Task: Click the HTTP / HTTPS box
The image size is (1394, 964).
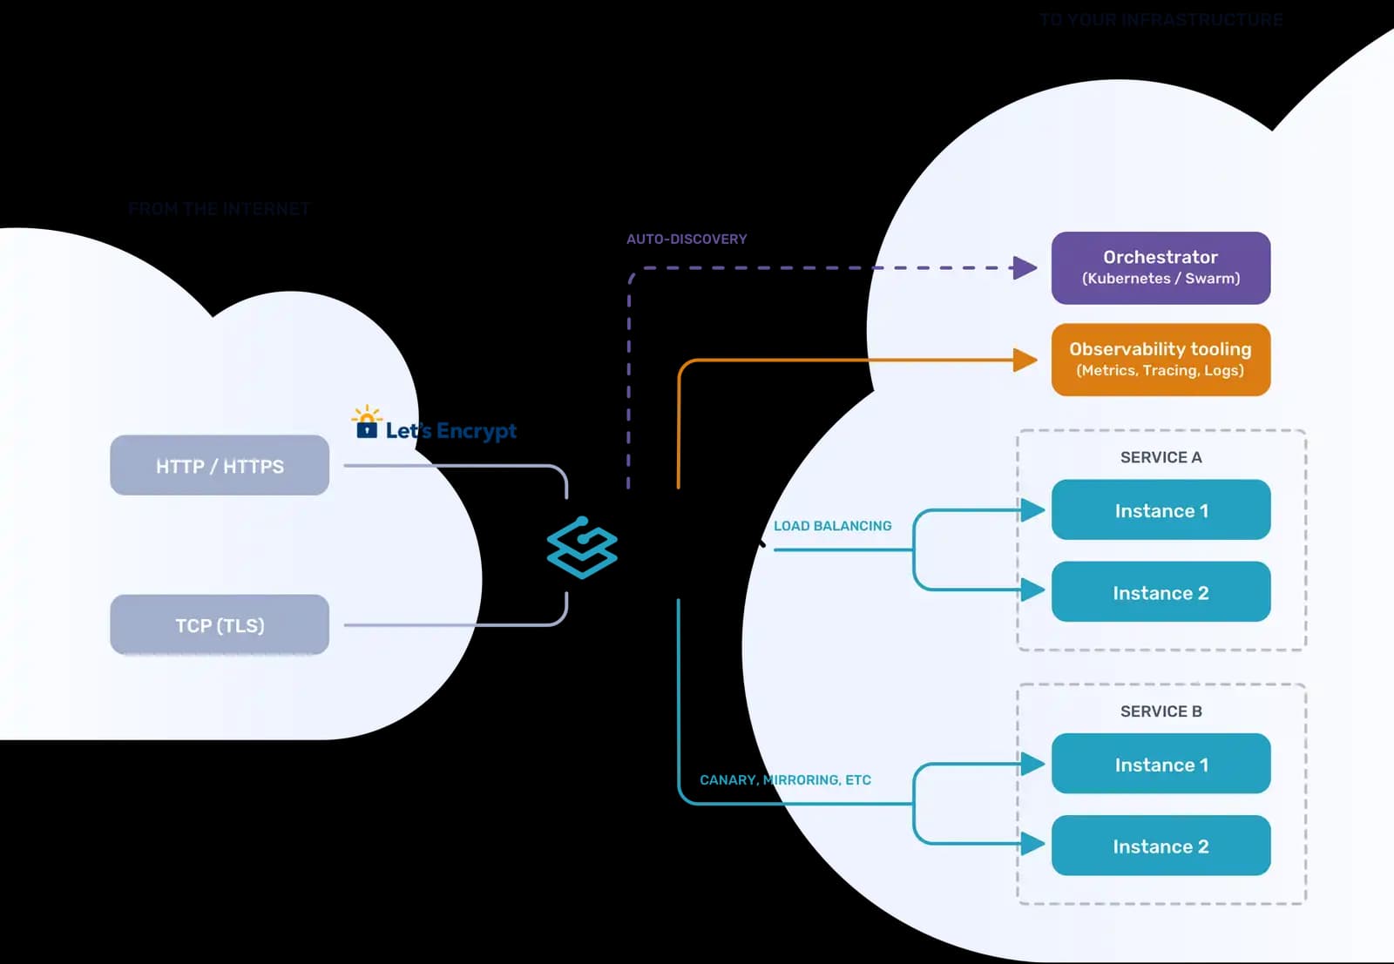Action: pyautogui.click(x=220, y=466)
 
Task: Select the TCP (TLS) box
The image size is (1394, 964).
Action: pyautogui.click(x=220, y=625)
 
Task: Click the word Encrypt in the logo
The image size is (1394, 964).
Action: pyautogui.click(x=476, y=431)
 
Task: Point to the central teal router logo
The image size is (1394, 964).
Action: pyautogui.click(x=582, y=548)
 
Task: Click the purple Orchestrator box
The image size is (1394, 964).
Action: pyautogui.click(x=1161, y=267)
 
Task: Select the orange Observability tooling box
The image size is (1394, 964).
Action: pyautogui.click(x=1161, y=360)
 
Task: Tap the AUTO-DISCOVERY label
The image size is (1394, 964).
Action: pyautogui.click(x=687, y=239)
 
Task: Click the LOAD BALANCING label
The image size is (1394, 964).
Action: pyautogui.click(x=832, y=526)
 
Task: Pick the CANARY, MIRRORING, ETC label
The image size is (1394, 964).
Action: pyautogui.click(x=785, y=780)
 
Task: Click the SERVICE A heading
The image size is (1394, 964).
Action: pyautogui.click(x=1161, y=457)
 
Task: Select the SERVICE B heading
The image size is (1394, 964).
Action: pyautogui.click(x=1161, y=711)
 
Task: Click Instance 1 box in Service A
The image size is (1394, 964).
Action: pyautogui.click(x=1161, y=510)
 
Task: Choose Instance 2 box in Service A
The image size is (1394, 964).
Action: pyautogui.click(x=1161, y=592)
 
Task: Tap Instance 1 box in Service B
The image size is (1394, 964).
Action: pyautogui.click(x=1161, y=764)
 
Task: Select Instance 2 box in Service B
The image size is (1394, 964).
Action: pyautogui.click(x=1161, y=846)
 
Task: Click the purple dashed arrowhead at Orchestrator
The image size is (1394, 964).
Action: pyautogui.click(x=1025, y=267)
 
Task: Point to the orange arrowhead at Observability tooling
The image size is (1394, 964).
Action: pyautogui.click(x=1025, y=360)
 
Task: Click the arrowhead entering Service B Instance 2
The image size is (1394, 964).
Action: pyautogui.click(x=1032, y=843)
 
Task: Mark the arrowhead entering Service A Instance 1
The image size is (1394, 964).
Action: pyautogui.click(x=1032, y=510)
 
